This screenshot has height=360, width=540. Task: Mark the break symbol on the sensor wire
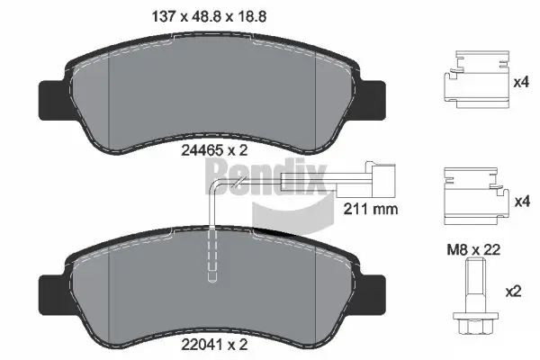[x=237, y=186]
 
